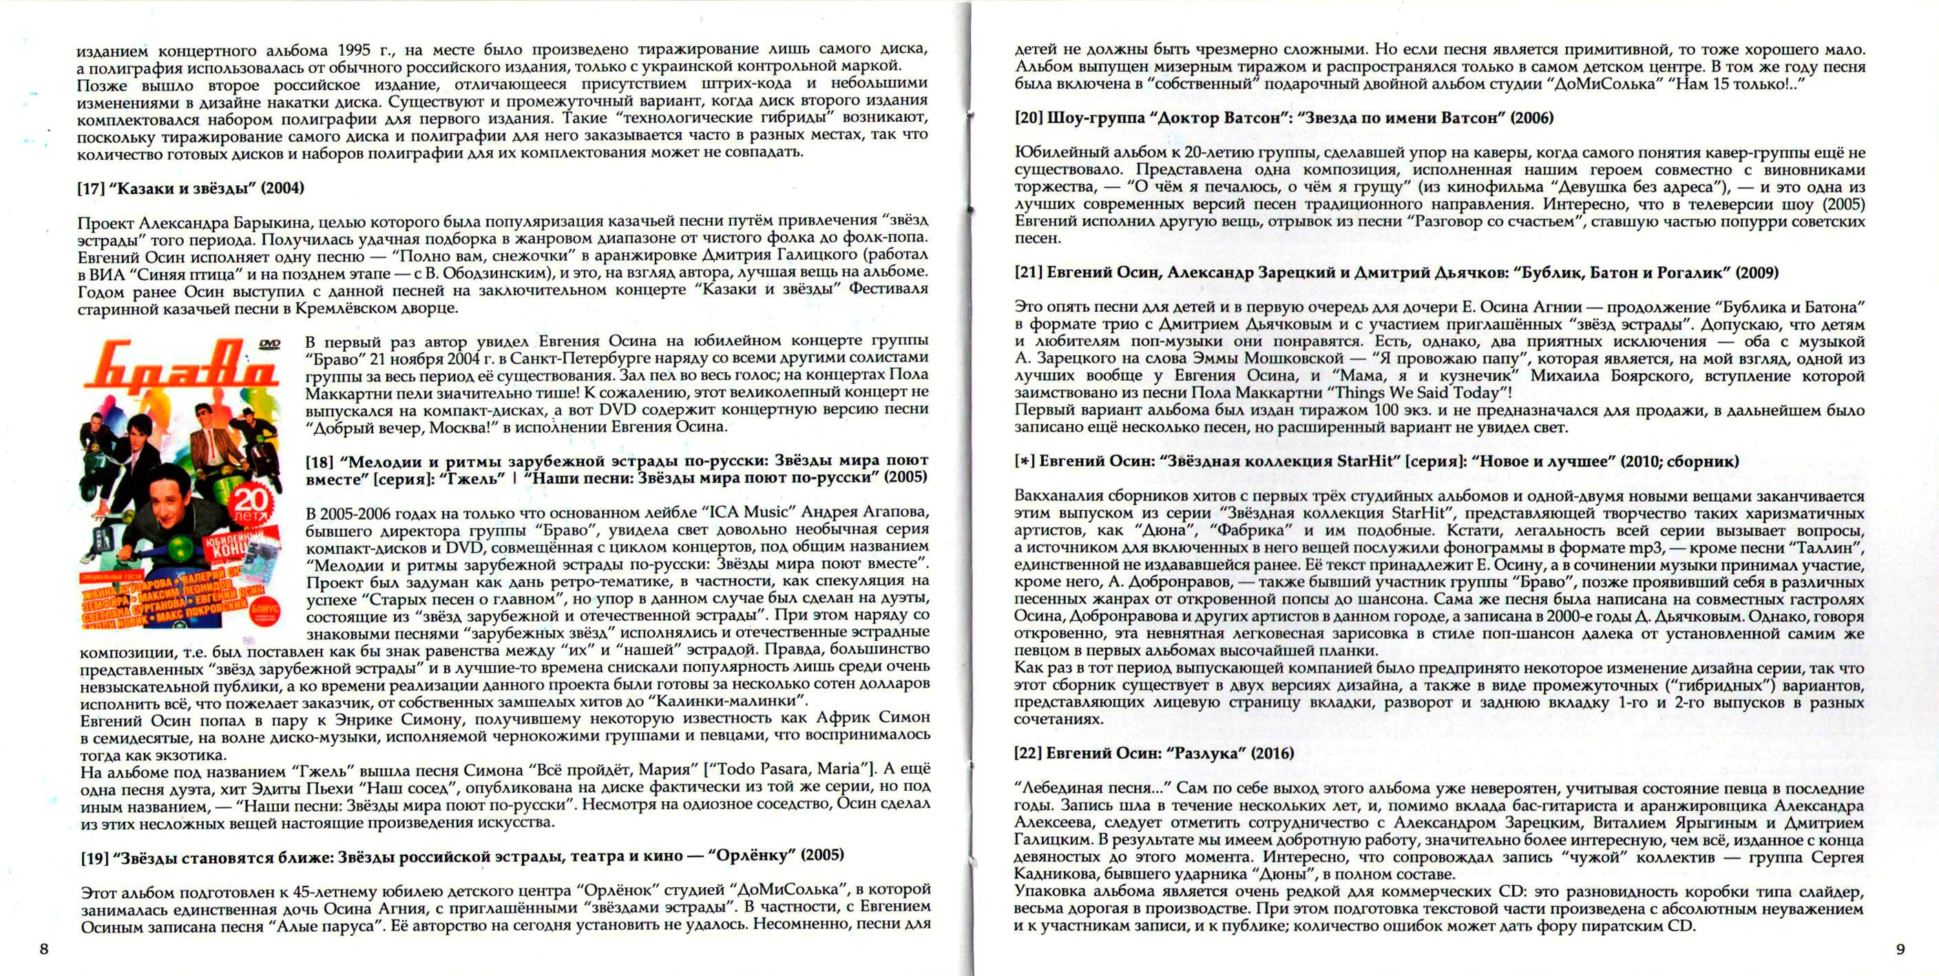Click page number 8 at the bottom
(43, 949)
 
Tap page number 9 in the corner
(1900, 949)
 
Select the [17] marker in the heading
(91, 188)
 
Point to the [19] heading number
(96, 856)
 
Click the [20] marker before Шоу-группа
(1028, 118)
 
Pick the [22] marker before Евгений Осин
(1028, 753)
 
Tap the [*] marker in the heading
(1025, 461)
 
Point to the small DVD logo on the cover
(269, 344)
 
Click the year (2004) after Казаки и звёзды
(282, 188)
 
